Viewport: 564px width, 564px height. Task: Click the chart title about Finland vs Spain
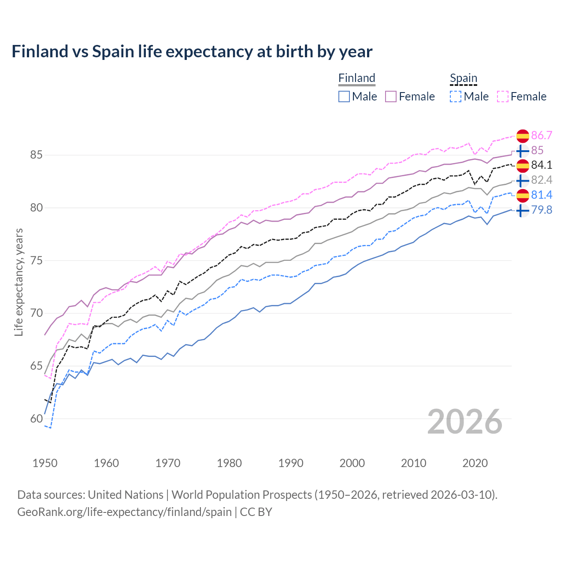tap(192, 52)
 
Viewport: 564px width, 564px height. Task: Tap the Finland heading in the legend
tap(356, 78)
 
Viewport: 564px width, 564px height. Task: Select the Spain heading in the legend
tap(463, 78)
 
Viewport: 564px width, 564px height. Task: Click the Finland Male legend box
tap(344, 96)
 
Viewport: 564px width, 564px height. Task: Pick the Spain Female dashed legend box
tap(503, 96)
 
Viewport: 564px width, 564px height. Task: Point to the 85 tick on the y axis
tap(36, 155)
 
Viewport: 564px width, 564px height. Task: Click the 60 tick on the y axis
tap(36, 419)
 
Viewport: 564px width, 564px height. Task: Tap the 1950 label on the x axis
tap(45, 463)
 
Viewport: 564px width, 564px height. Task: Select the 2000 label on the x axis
tap(352, 463)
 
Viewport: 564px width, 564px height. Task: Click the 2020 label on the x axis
tap(475, 463)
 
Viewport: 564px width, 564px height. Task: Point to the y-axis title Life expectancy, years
tap(19, 282)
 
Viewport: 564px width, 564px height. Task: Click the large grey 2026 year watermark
tap(464, 422)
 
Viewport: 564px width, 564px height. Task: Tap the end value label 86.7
tap(542, 135)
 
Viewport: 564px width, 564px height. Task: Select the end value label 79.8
tap(542, 210)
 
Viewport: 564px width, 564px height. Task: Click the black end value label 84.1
tap(542, 165)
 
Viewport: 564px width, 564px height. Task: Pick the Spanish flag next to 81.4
tap(522, 195)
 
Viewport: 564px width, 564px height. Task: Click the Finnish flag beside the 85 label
tap(522, 151)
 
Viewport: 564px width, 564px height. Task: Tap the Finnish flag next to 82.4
tap(522, 180)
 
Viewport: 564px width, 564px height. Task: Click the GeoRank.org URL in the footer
tap(124, 512)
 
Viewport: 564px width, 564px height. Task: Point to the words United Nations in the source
tap(126, 494)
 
